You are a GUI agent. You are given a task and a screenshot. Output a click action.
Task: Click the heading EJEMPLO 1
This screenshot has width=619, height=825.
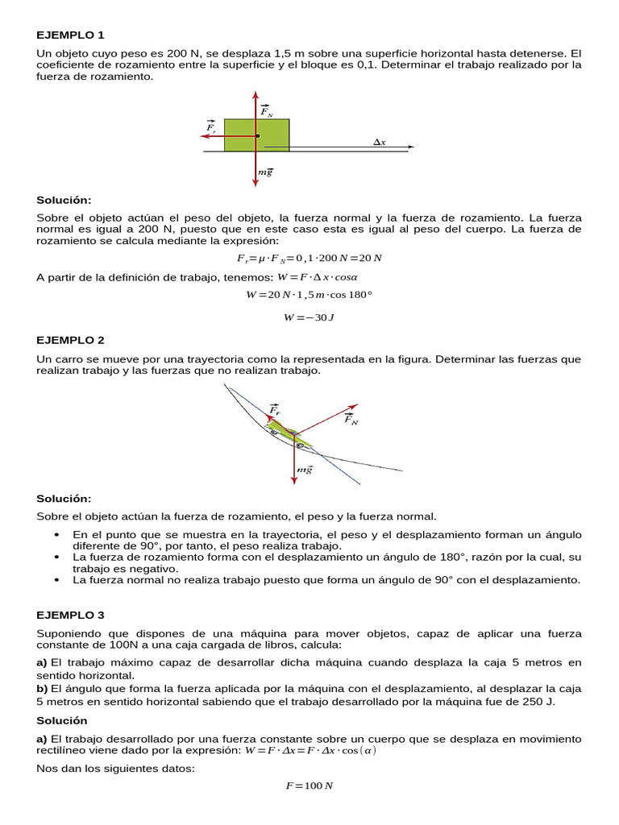pos(71,35)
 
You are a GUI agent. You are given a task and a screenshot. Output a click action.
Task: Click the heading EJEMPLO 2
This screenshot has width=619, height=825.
pos(71,340)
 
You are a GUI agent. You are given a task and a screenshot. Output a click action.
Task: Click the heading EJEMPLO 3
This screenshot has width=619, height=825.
pos(71,614)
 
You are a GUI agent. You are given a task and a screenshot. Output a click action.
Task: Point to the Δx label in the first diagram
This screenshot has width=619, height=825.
pos(380,142)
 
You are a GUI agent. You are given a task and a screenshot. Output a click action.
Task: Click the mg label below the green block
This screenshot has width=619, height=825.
pos(265,172)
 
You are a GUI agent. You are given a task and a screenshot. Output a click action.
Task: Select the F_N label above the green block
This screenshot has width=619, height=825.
pos(267,111)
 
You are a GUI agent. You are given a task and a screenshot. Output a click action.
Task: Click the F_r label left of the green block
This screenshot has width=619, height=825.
pos(211,127)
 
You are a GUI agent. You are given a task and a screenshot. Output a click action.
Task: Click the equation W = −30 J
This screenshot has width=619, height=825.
pos(309,317)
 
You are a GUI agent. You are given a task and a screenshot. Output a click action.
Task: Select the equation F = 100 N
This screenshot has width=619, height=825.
pos(309,786)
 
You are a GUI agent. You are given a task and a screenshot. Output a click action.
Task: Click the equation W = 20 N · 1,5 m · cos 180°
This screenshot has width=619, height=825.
pos(309,295)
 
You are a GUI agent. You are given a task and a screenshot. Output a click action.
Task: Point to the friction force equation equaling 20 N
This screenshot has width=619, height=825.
pos(309,258)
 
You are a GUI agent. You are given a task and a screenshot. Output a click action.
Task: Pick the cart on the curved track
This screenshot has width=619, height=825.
pos(288,431)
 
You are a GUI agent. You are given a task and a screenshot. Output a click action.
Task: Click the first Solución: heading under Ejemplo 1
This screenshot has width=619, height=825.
pos(64,199)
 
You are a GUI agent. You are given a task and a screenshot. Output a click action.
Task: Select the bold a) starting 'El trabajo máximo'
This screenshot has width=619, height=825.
pos(42,662)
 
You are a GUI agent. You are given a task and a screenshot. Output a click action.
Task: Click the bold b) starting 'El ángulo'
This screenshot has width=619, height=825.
pos(42,689)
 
